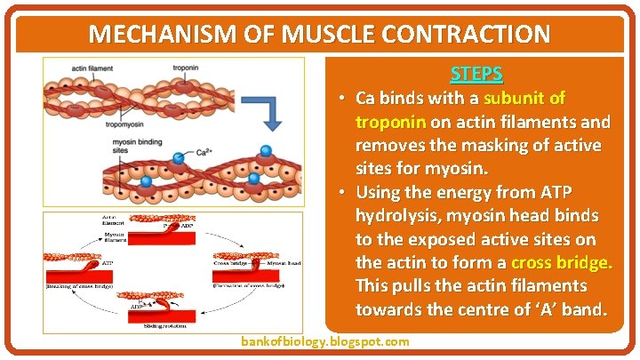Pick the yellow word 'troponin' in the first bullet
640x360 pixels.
pos(389,120)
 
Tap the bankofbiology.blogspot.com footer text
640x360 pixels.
pos(325,341)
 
